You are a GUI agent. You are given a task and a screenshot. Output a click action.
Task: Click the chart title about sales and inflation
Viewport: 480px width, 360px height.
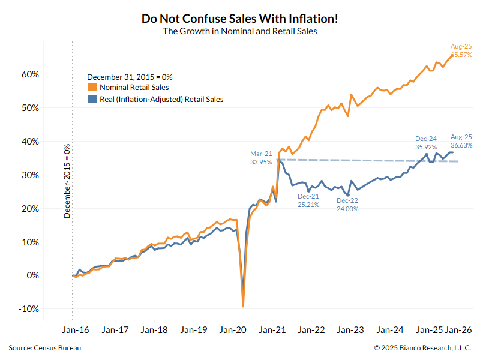click(240, 19)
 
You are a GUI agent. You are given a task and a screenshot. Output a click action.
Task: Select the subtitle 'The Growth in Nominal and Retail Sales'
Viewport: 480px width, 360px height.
click(240, 32)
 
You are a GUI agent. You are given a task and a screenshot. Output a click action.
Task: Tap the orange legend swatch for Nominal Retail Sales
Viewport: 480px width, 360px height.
click(92, 88)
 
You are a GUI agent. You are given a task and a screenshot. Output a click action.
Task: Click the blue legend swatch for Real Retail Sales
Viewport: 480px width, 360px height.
click(92, 99)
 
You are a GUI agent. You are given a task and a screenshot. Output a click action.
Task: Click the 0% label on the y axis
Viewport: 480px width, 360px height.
click(34, 275)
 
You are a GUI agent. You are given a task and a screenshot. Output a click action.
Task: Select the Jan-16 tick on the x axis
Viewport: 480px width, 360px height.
click(75, 330)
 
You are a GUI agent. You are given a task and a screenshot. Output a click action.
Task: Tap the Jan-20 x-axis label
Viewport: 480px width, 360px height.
click(233, 330)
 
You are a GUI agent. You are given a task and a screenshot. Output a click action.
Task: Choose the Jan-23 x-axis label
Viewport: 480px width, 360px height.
click(350, 330)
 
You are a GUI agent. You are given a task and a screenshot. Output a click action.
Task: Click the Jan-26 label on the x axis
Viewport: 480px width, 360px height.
click(460, 330)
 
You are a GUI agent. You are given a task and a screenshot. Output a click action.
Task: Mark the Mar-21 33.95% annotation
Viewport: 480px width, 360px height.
click(262, 157)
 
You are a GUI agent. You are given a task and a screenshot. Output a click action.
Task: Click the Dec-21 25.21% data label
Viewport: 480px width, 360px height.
click(309, 200)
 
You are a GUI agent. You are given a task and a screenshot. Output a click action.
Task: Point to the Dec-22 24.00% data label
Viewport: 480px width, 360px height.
click(347, 205)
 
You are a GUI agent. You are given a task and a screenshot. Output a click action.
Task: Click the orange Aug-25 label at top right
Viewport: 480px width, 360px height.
click(461, 50)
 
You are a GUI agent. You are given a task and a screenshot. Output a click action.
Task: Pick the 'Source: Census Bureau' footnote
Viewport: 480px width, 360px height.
click(45, 348)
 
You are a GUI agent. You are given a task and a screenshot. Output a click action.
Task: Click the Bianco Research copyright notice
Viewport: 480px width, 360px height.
click(422, 348)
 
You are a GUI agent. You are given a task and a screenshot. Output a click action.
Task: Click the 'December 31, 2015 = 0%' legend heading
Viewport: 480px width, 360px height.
click(130, 77)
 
